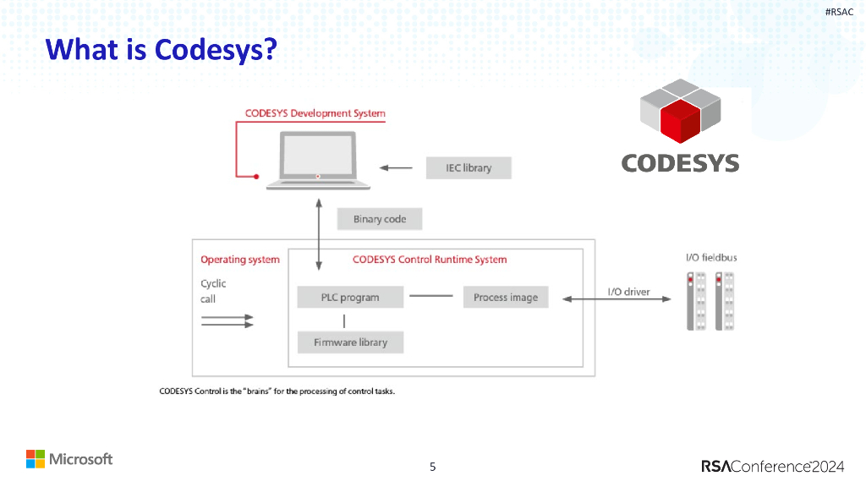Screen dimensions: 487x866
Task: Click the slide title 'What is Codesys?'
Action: [162, 50]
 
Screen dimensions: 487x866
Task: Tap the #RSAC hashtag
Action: [839, 11]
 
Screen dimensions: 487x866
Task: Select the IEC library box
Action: [469, 167]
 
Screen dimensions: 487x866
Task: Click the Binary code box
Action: [380, 219]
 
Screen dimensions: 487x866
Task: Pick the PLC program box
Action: [350, 298]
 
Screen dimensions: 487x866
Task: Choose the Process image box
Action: [506, 298]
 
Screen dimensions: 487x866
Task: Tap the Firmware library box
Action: [350, 342]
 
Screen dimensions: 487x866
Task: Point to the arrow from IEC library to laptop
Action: [396, 167]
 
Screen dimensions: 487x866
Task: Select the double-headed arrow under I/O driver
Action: [617, 298]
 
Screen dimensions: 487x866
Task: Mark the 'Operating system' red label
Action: [239, 260]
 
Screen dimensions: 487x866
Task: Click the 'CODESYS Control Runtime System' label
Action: [430, 260]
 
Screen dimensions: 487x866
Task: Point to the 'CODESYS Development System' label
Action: [315, 113]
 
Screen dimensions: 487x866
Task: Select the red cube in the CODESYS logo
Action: [681, 120]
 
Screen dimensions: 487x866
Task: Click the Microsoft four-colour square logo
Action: [35, 459]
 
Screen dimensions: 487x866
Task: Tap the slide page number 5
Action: [433, 466]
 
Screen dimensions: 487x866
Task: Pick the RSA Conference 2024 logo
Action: [774, 466]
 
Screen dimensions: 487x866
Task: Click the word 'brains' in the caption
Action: [254, 391]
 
